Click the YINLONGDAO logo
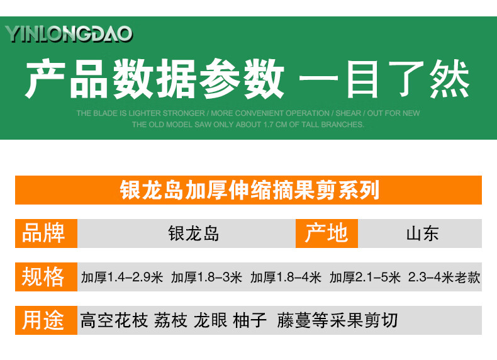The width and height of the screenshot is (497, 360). coord(69,34)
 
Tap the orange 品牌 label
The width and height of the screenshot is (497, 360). coord(47,233)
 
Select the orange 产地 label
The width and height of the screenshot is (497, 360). coord(327,233)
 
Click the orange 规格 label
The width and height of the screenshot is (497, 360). coord(47,276)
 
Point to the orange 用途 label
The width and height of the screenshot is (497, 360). coord(47,320)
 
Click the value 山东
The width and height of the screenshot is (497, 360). coord(423,233)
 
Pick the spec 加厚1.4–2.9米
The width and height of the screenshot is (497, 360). coord(122,277)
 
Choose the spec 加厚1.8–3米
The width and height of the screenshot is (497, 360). coord(206,277)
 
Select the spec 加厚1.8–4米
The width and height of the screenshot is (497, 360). coord(286,277)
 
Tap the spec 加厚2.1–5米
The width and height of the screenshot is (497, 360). coord(365,277)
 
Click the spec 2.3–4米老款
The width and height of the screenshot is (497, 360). coord(444,277)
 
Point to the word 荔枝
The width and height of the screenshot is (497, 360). coord(170,320)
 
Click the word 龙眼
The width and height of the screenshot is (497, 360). coord(211,320)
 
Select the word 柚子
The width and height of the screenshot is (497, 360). coord(250,320)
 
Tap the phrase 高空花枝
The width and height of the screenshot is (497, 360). coord(114,320)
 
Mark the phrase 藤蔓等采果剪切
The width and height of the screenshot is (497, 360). coord(337,320)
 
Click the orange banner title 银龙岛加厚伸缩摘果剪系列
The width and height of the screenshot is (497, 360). coord(250,190)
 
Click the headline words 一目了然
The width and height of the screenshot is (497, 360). coord(384,79)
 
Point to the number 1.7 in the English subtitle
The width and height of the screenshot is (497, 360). coord(268,125)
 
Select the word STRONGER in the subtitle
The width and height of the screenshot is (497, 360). coord(184,113)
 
